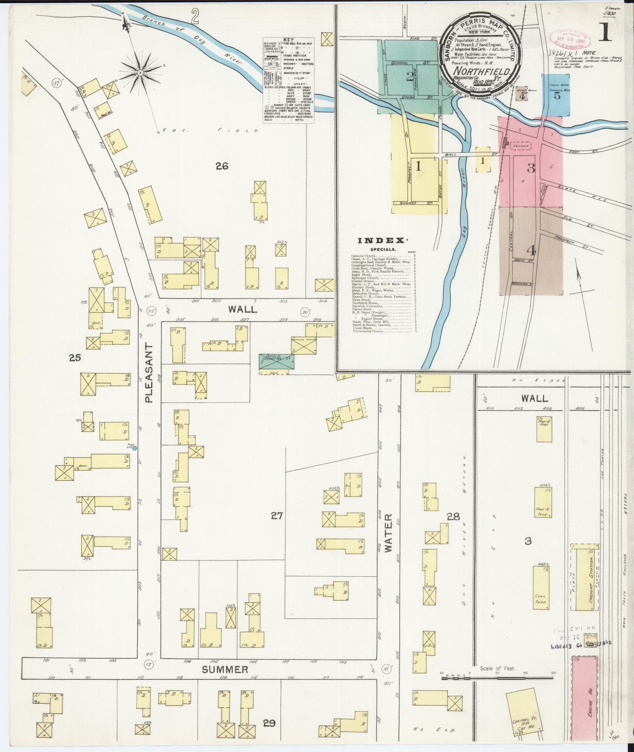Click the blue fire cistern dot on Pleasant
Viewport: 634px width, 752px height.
tap(135, 448)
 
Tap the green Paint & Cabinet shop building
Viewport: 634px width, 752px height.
tap(276, 361)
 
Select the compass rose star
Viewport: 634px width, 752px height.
tap(140, 72)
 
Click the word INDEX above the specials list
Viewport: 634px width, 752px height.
tap(380, 240)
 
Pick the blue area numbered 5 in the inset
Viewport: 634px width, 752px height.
tap(557, 95)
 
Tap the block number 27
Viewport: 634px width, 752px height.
tap(276, 516)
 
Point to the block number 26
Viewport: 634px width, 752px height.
tap(222, 165)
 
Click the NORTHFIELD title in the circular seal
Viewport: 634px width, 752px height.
tap(481, 71)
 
